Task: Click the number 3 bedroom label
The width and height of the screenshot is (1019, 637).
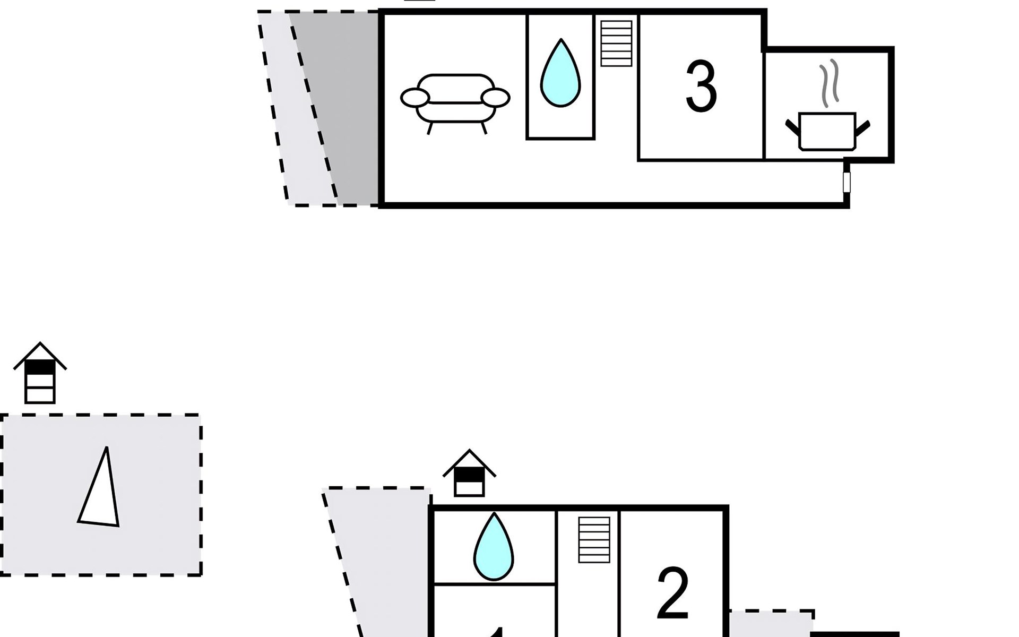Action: [701, 87]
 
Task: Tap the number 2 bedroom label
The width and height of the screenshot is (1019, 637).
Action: [672, 594]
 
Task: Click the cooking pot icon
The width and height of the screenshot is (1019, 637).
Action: [827, 131]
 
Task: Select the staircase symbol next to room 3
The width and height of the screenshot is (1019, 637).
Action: [616, 43]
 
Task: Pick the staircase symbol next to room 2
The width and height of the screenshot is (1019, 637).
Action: [594, 539]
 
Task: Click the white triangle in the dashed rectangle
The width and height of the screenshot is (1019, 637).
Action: [101, 494]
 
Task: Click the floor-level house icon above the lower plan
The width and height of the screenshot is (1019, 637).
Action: [469, 474]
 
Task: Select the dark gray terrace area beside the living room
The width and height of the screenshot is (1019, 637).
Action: [348, 106]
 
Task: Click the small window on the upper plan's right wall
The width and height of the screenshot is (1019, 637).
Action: [847, 182]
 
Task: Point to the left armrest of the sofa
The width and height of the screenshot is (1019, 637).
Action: [414, 98]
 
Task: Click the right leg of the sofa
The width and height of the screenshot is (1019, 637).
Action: [483, 128]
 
